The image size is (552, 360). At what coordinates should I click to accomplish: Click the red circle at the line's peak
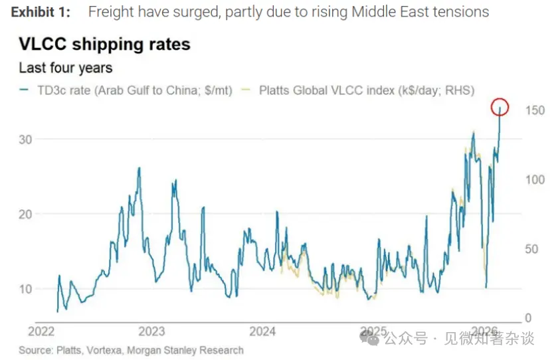(x=501, y=106)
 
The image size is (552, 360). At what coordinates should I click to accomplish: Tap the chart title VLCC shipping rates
(x=104, y=45)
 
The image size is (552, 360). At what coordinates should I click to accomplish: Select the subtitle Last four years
(x=65, y=68)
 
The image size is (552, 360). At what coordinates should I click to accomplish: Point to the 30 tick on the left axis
(x=25, y=139)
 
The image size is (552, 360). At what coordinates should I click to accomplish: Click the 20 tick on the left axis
(x=25, y=214)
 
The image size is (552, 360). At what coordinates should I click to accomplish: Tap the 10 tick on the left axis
(x=25, y=289)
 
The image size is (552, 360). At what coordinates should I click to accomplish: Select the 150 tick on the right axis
(x=535, y=110)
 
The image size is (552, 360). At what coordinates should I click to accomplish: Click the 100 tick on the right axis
(x=535, y=179)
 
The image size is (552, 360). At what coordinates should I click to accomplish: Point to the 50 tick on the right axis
(x=531, y=249)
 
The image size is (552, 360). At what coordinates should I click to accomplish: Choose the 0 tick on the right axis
(x=528, y=318)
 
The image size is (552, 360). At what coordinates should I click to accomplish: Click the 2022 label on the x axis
(x=41, y=331)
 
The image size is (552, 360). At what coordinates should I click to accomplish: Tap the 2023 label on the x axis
(x=151, y=331)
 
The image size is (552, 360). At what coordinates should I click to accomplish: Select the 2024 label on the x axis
(x=262, y=331)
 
